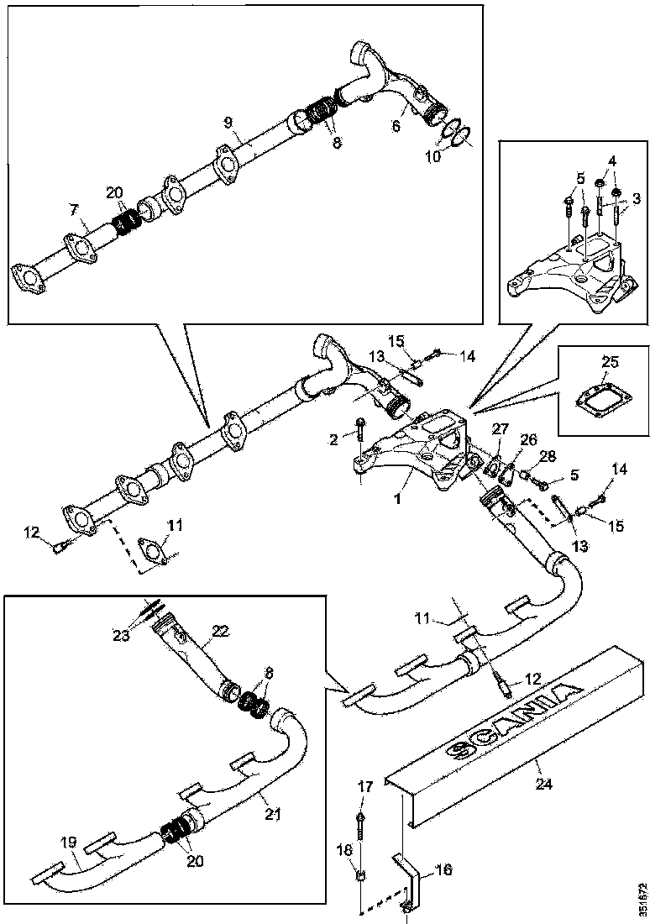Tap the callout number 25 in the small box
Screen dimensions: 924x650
[610, 362]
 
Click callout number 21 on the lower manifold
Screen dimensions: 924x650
[271, 813]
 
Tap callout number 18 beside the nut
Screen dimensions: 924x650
[344, 850]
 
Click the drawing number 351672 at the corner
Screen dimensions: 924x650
[642, 899]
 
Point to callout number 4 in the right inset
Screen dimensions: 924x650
[613, 160]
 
